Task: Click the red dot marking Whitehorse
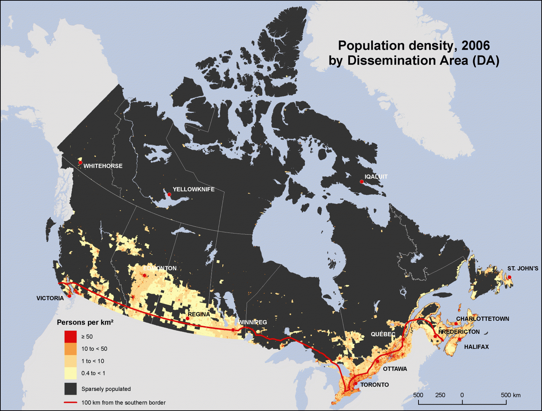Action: point(80,162)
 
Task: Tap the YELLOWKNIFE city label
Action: point(193,189)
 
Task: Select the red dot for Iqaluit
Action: point(362,182)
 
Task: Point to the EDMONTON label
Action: point(160,268)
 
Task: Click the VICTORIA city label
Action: point(50,298)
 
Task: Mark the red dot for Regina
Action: point(188,318)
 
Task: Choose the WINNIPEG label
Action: point(253,322)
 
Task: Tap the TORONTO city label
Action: point(374,385)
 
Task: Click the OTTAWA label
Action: point(395,369)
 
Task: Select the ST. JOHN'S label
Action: point(523,269)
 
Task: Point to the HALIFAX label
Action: point(476,347)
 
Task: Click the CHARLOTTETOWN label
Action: point(482,319)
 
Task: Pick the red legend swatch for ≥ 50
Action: point(71,337)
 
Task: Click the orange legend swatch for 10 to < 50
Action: point(71,349)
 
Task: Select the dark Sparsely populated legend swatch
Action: point(71,389)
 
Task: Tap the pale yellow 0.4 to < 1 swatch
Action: point(71,373)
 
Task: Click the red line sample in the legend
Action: point(71,403)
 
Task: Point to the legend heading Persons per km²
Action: point(85,322)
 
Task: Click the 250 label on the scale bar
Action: point(440,395)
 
